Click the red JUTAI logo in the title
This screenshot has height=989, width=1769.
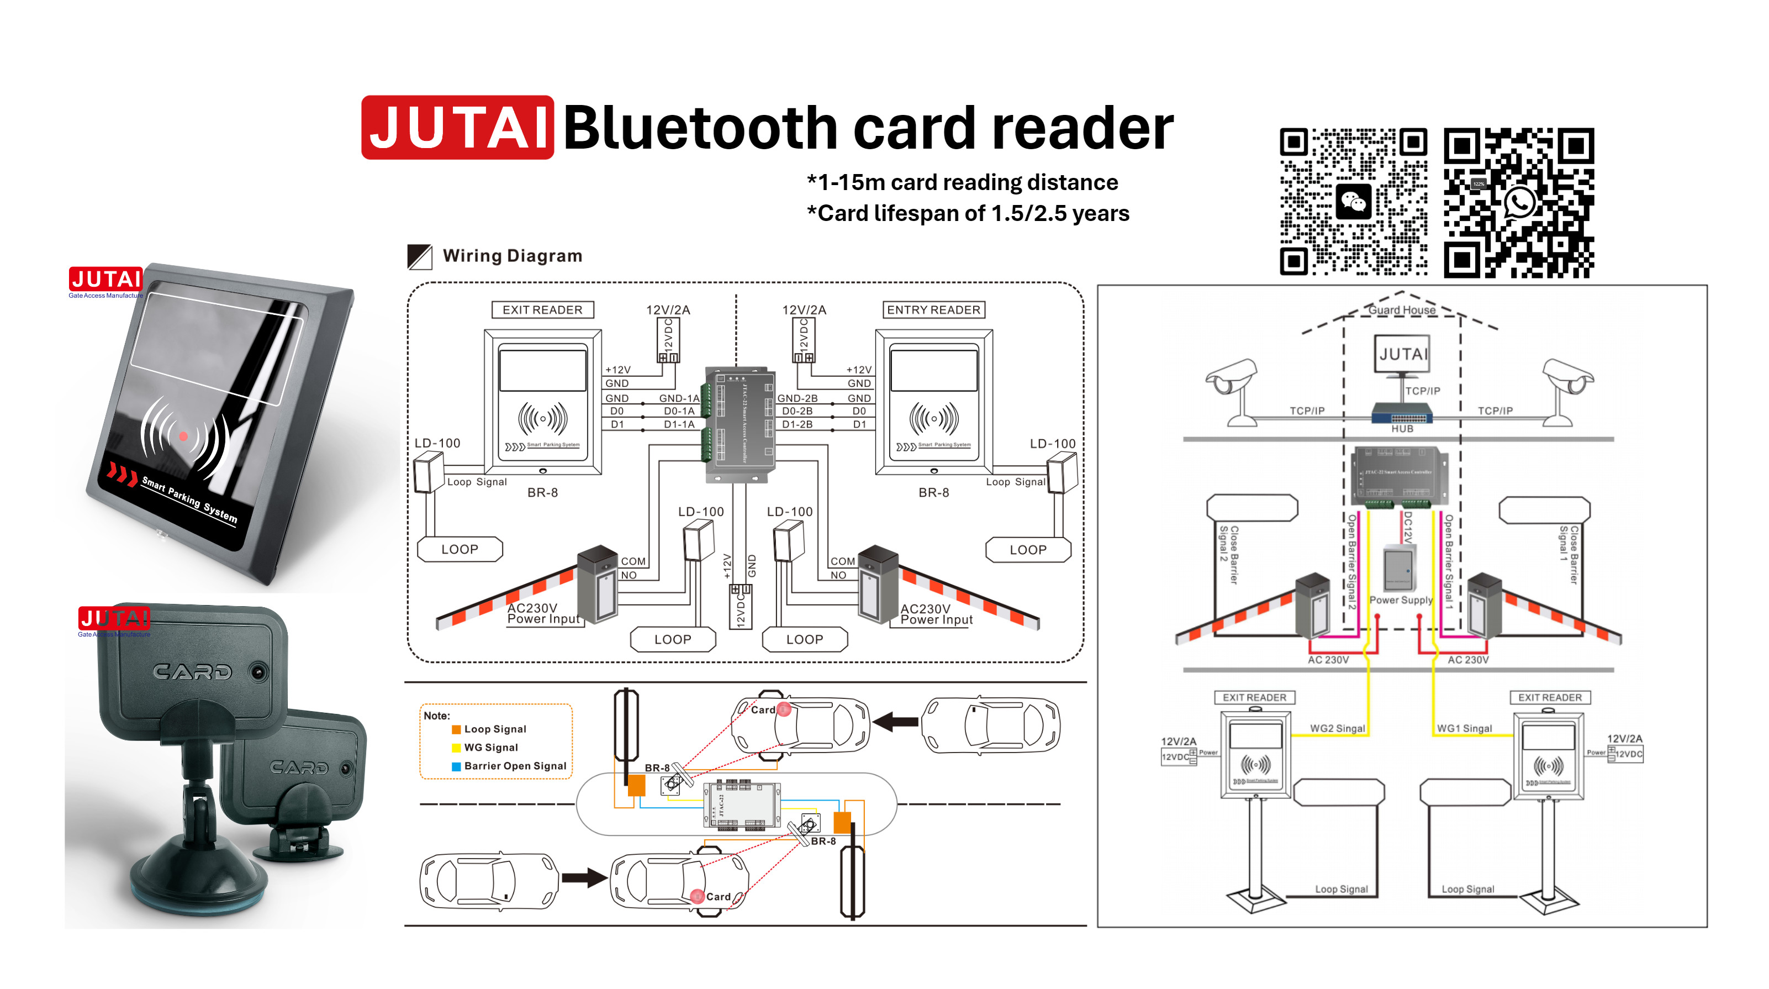coord(457,128)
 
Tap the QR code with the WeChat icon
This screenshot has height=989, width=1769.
coord(1353,201)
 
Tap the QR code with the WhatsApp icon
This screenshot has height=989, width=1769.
coord(1518,203)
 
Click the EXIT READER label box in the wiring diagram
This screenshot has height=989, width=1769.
coord(542,310)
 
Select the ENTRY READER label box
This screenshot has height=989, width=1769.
coord(933,310)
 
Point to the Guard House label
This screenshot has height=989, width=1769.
coord(1402,310)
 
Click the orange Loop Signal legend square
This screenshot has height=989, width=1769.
coord(456,729)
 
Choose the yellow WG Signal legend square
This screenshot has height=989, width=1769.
coord(456,748)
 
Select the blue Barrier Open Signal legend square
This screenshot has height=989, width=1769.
coord(456,766)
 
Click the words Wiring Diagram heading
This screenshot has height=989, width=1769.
coord(513,256)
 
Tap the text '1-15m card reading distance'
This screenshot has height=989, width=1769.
coord(968,183)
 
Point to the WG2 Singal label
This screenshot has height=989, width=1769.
coord(1337,728)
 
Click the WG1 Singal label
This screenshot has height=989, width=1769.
coord(1464,728)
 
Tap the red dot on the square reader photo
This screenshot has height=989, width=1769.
coord(183,436)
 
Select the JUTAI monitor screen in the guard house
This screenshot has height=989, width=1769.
coord(1402,354)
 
